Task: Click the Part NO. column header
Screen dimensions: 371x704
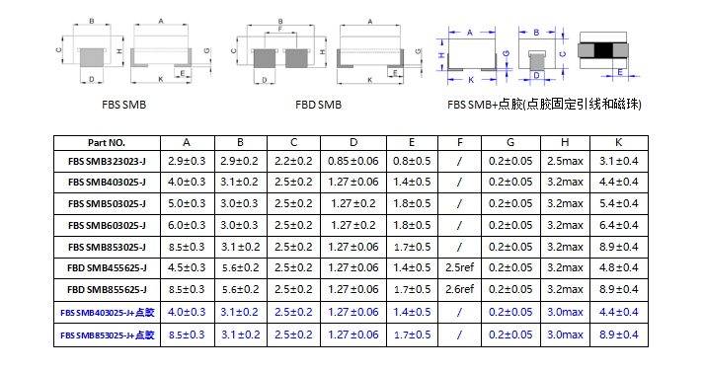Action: pos(107,142)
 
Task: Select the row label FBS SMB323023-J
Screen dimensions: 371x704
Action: pos(107,160)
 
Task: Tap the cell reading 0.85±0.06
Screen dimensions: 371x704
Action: pos(353,160)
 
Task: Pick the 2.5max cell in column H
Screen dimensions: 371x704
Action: pos(564,160)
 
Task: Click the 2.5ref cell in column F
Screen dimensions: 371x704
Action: pos(460,266)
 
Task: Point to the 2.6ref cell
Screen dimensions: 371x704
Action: pos(460,289)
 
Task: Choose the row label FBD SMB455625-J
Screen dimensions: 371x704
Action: pos(107,266)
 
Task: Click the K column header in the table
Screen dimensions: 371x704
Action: pos(618,142)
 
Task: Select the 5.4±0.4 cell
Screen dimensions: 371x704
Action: pos(618,203)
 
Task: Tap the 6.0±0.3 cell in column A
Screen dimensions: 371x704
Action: pos(187,225)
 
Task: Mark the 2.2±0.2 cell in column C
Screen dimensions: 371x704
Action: pos(293,160)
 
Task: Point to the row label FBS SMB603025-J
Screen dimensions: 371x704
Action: pos(107,225)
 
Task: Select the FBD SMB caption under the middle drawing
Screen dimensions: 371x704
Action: pos(318,103)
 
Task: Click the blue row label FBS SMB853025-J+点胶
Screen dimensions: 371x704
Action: pos(107,335)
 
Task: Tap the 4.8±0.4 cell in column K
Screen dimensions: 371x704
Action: pos(618,266)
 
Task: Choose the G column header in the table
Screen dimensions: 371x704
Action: pos(510,142)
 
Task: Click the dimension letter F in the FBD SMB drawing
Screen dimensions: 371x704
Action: pos(278,32)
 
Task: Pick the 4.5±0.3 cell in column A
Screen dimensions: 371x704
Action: pos(187,266)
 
